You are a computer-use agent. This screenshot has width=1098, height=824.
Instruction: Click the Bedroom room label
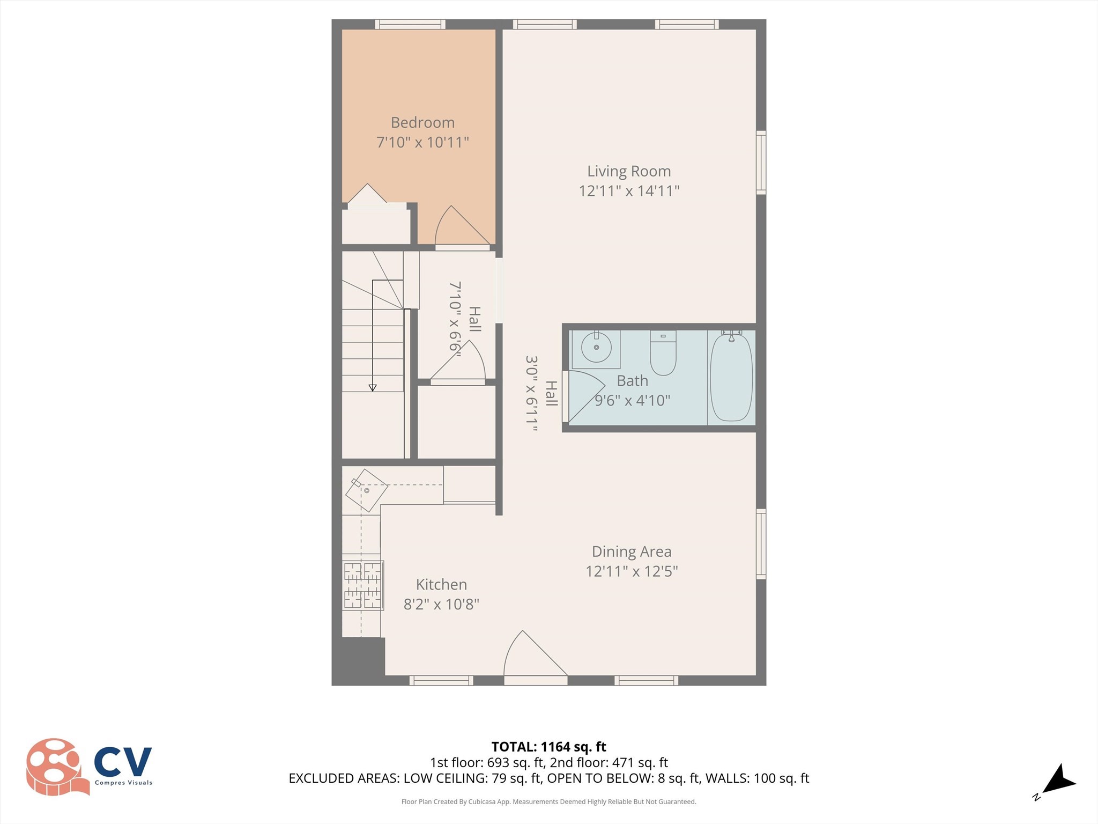(x=422, y=123)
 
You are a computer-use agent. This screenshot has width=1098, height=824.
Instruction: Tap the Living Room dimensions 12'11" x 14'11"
(x=629, y=191)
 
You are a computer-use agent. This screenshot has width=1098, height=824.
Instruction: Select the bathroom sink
(x=596, y=348)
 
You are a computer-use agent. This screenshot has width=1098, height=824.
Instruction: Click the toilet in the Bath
(x=663, y=355)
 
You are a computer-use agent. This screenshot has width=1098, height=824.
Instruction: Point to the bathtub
(x=731, y=377)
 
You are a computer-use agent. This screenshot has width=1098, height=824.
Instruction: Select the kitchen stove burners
(x=362, y=585)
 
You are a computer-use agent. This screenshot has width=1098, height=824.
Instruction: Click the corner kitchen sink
(x=366, y=490)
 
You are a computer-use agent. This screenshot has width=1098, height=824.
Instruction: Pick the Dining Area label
(x=631, y=551)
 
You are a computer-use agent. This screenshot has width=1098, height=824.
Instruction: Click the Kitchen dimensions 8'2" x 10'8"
(x=441, y=605)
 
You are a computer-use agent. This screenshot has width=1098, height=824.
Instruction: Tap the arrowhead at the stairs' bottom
(x=373, y=388)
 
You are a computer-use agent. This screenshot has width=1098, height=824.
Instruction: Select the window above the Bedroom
(x=410, y=24)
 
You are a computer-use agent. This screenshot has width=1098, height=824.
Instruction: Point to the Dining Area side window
(x=761, y=543)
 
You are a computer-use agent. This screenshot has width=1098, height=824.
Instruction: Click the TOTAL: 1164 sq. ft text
(x=548, y=747)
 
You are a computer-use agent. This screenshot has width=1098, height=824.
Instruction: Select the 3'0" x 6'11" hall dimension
(x=531, y=393)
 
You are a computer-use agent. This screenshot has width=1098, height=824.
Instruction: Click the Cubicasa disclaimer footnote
(x=548, y=802)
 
